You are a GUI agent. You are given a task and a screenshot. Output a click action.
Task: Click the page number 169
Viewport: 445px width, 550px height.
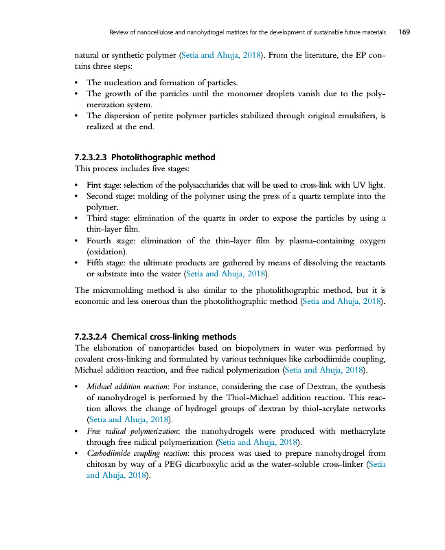[x=404, y=32]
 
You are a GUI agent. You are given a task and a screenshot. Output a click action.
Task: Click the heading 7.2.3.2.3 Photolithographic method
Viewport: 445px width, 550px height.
[x=144, y=157]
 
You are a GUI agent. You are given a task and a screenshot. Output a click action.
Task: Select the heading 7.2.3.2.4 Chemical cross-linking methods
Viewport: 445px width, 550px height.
[x=155, y=337]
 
